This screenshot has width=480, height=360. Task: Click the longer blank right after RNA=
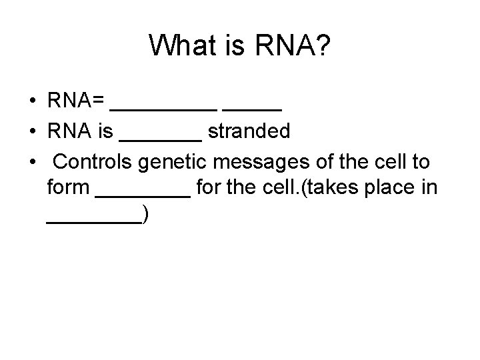pyautogui.click(x=163, y=107)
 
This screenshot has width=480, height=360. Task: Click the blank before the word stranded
pyautogui.click(x=160, y=137)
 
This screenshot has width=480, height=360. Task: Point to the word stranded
pyautogui.click(x=249, y=131)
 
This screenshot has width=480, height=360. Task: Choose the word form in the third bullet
pyautogui.click(x=68, y=188)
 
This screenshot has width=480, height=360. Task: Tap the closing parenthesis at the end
pyautogui.click(x=145, y=216)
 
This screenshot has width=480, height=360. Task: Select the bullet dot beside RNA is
pyautogui.click(x=32, y=132)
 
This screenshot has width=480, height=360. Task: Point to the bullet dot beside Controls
pyautogui.click(x=32, y=161)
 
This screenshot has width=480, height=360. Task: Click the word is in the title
pyautogui.click(x=231, y=45)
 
